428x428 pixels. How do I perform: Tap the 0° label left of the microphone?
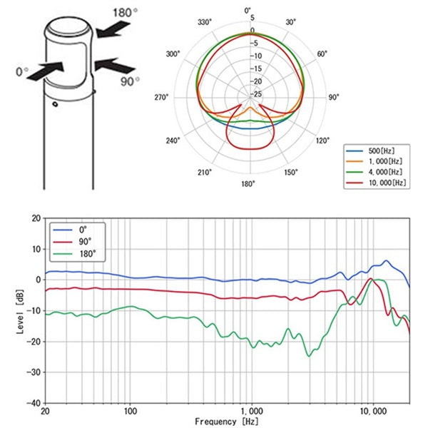pos(21,71)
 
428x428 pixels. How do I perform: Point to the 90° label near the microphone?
pos(128,81)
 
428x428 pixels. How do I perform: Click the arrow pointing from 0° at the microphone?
pos(49,70)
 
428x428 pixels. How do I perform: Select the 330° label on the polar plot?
pos(205,23)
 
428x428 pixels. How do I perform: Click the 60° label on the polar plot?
pos(322,53)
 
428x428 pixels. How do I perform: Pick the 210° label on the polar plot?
pos(205,173)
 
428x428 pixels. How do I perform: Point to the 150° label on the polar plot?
pos(292,173)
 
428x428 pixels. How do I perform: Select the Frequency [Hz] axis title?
pos(226,421)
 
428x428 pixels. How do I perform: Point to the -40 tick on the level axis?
pos(33,402)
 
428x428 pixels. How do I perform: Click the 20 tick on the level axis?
pos(35,219)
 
